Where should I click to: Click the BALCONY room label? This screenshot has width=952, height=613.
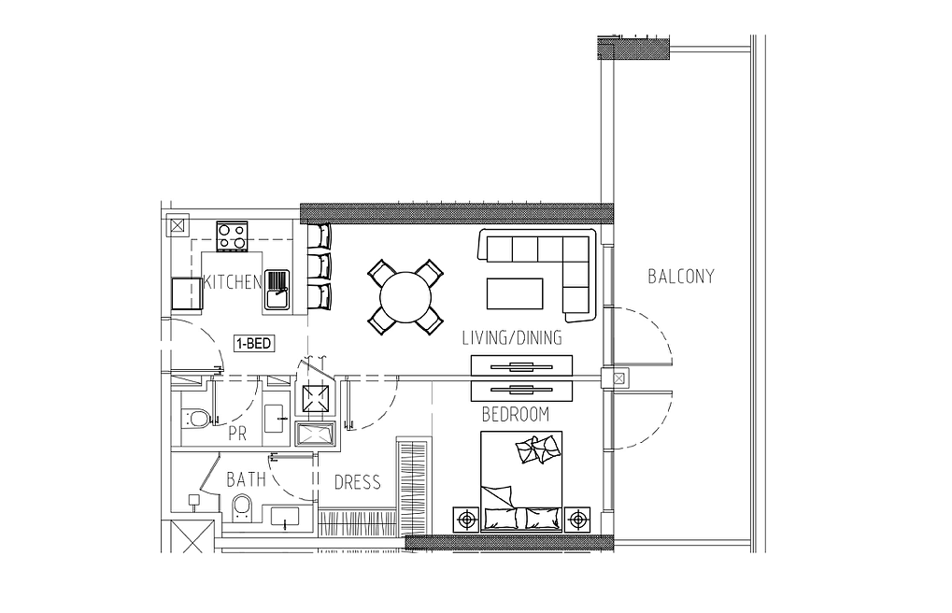coord(681,277)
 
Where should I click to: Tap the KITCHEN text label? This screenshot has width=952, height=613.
coord(233,282)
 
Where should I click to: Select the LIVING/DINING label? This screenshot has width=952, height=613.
coord(512,337)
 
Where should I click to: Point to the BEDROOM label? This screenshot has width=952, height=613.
coord(516,414)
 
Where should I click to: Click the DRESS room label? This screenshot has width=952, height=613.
coord(358,482)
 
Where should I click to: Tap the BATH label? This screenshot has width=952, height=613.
coord(246,479)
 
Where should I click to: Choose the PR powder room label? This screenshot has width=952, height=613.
coord(237,434)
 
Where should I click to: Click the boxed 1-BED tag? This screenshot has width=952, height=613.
coord(254,344)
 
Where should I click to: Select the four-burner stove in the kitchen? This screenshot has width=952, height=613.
coord(232,236)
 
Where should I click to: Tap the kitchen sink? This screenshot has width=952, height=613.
coord(277,291)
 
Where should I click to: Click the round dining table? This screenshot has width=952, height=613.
coord(405,298)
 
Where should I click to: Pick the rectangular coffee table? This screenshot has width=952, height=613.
coord(515,293)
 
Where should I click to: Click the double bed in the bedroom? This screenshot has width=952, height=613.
coord(521,481)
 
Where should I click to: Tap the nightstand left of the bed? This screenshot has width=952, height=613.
coord(466,520)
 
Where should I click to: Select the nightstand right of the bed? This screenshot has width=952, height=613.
coord(576,520)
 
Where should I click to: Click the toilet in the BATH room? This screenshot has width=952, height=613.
coord(242,508)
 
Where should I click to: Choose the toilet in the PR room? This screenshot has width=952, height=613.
coord(196,418)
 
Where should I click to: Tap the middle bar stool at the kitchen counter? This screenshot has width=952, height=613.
coord(320,265)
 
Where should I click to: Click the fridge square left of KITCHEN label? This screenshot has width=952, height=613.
coord(186,293)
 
